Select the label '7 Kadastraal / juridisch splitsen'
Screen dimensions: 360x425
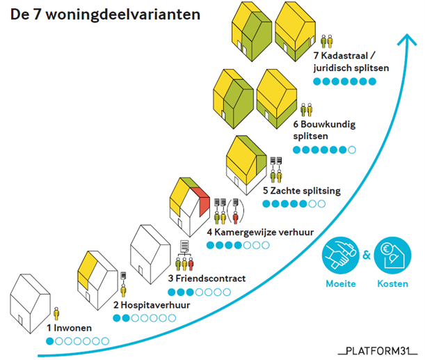[x=347, y=62]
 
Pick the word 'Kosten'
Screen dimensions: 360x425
[x=392, y=284]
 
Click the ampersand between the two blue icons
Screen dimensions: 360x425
[x=366, y=256]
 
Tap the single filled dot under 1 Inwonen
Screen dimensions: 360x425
[x=50, y=341]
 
